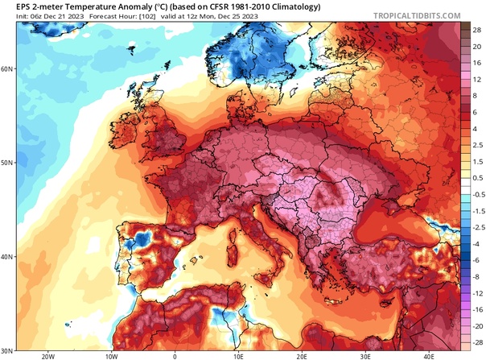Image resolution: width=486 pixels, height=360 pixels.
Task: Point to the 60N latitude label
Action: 7,68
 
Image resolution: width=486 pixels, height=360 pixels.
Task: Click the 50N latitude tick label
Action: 7,163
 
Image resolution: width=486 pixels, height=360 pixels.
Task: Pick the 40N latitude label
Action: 7,257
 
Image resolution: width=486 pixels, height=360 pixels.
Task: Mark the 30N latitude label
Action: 7,350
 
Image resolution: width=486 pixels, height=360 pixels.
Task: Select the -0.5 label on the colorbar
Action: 475,194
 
